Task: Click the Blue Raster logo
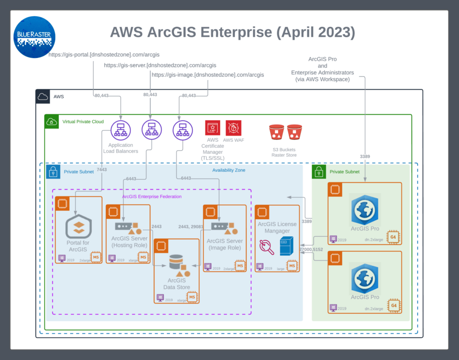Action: point(35,37)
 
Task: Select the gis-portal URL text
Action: point(104,55)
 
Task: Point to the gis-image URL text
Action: point(208,75)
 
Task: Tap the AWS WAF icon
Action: point(234,128)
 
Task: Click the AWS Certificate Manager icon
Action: point(212,128)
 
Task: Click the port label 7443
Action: point(102,170)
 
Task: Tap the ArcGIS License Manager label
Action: point(277,227)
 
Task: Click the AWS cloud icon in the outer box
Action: point(43,96)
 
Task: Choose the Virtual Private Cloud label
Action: point(83,121)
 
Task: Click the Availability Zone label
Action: point(229,170)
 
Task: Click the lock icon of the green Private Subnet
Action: point(319,172)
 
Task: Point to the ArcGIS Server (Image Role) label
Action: point(225,244)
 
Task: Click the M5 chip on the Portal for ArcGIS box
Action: point(95,257)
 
